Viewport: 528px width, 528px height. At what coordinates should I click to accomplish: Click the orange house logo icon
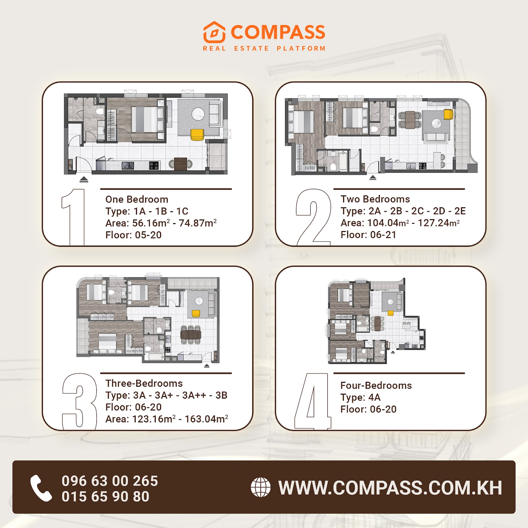[x=214, y=32]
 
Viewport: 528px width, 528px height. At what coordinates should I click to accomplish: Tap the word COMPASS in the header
[x=278, y=32]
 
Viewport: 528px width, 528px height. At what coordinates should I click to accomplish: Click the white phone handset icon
[x=41, y=488]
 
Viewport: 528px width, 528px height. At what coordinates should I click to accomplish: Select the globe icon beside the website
[x=261, y=487]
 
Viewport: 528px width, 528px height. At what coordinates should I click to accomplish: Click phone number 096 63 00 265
[x=110, y=481]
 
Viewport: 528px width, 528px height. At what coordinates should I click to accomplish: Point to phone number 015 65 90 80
[x=106, y=497]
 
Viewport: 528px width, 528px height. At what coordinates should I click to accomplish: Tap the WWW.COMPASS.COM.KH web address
[x=390, y=488]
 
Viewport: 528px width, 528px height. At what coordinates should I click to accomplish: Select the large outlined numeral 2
[x=313, y=217]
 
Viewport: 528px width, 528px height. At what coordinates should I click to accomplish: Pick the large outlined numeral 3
[x=80, y=401]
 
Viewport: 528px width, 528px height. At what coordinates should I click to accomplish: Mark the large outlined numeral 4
[x=313, y=401]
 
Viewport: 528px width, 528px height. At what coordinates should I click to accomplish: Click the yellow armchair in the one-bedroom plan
[x=197, y=135]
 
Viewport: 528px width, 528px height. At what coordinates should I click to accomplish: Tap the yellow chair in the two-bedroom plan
[x=448, y=114]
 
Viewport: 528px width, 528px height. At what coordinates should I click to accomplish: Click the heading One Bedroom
[x=137, y=199]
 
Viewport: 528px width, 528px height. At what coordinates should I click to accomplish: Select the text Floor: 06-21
[x=368, y=235]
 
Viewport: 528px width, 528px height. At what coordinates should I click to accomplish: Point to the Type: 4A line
[x=360, y=397]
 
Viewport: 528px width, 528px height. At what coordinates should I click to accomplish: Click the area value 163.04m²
[x=207, y=419]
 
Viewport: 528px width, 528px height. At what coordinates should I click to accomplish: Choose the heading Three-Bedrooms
[x=144, y=383]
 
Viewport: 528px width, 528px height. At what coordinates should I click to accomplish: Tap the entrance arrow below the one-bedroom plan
[x=84, y=180]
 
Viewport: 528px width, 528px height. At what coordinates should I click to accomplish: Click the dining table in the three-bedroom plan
[x=191, y=335]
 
